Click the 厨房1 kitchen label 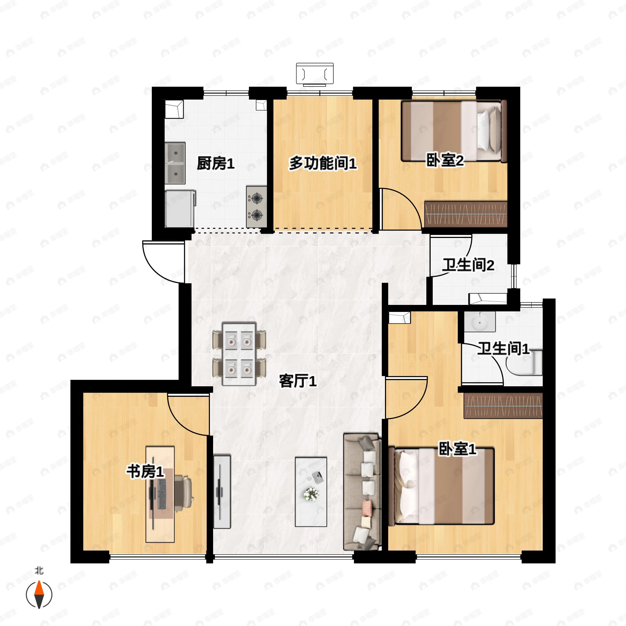(215, 164)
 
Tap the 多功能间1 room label (323, 163)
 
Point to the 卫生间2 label (468, 265)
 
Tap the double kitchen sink (175, 163)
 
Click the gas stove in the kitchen (257, 206)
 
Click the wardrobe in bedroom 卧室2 (466, 214)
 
